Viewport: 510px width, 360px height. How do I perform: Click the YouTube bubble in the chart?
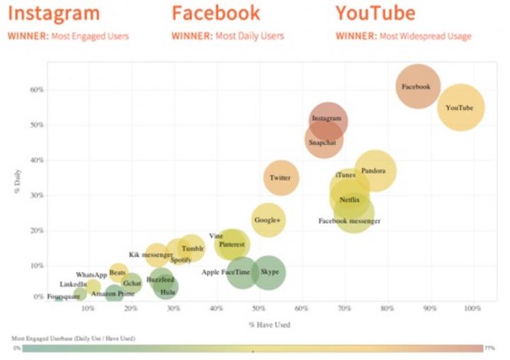[x=460, y=108]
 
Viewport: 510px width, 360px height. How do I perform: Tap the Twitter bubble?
[x=280, y=177]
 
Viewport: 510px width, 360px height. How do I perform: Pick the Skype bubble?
[x=268, y=272]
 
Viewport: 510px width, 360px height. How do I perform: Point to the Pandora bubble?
[x=373, y=171]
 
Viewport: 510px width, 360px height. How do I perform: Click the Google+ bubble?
[x=268, y=220]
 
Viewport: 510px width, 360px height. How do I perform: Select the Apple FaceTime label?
[x=225, y=272]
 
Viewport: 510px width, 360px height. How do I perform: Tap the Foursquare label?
[x=64, y=297]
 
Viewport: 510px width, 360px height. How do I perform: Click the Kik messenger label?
[x=150, y=254]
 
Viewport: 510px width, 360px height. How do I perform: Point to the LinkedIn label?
[x=73, y=284]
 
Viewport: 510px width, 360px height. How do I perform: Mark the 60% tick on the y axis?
[x=37, y=90]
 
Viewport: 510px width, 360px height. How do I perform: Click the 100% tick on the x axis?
[x=472, y=309]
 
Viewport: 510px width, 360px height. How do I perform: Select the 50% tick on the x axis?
[x=259, y=309]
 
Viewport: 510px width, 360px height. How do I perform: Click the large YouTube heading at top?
[x=375, y=13]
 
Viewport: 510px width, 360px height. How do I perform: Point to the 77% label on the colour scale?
[x=489, y=348]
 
